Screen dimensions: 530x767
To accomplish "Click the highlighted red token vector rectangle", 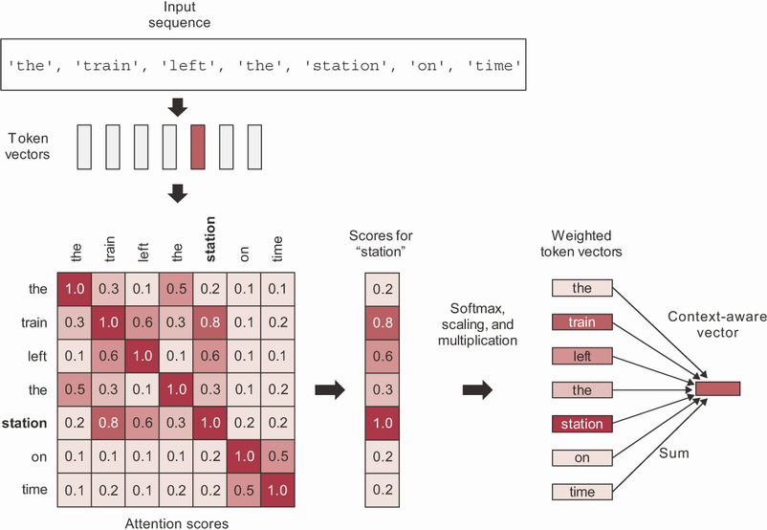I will (x=198, y=146).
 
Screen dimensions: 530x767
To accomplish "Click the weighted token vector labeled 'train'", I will (x=581, y=321).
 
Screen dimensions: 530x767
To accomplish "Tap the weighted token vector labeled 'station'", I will (x=581, y=423).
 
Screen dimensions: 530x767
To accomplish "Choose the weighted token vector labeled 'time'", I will (x=581, y=491).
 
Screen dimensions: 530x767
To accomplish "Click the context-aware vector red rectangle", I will (x=718, y=388).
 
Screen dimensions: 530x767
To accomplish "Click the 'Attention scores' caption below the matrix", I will (x=177, y=522).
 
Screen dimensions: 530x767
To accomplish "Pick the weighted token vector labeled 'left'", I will (x=581, y=356).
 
